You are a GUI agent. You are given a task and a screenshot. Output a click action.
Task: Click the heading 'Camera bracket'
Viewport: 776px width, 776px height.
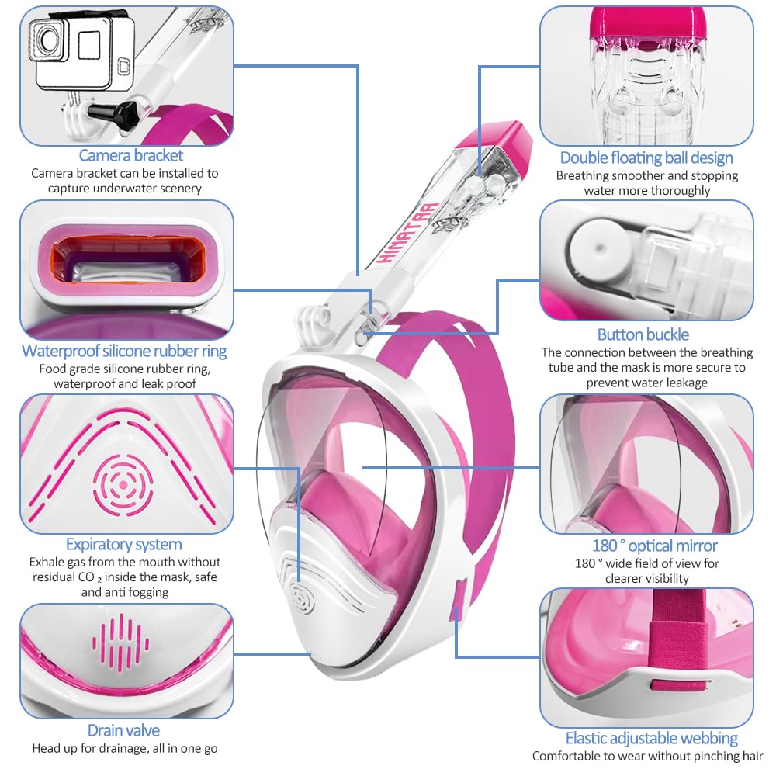pyautogui.click(x=130, y=155)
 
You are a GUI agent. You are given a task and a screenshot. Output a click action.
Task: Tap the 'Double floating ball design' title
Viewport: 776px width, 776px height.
pyautogui.click(x=646, y=158)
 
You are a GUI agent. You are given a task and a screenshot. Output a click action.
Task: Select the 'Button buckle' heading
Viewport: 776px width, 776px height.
pyautogui.click(x=643, y=334)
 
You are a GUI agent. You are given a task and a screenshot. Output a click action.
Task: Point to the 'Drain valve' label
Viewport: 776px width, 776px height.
pyautogui.click(x=123, y=730)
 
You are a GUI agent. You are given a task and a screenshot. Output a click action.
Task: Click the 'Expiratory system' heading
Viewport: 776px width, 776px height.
pyautogui.click(x=123, y=545)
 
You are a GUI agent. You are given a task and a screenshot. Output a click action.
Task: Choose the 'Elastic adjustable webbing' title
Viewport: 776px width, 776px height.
pyautogui.click(x=651, y=739)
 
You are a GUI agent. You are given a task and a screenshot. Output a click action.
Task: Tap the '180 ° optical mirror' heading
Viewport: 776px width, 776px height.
pyautogui.click(x=654, y=546)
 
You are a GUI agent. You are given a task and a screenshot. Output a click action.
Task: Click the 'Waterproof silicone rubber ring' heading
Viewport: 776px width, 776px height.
pyautogui.click(x=124, y=351)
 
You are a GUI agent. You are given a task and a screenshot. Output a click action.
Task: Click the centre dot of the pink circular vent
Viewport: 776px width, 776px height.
pyautogui.click(x=123, y=485)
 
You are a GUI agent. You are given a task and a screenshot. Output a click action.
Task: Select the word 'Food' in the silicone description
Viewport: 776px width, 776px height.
pyautogui.click(x=53, y=369)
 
